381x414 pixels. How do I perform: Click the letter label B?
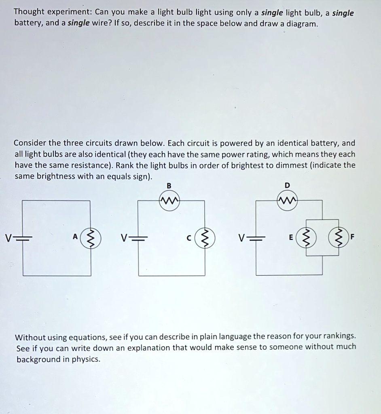coord(169,185)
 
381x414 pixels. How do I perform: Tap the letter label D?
coord(287,185)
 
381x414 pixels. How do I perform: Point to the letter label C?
coord(188,238)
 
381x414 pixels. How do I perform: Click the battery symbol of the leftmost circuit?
coord(23,238)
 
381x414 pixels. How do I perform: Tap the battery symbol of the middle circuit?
coord(139,238)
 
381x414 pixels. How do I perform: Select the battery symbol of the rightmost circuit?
coord(256,238)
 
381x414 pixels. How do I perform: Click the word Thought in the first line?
coord(29,12)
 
